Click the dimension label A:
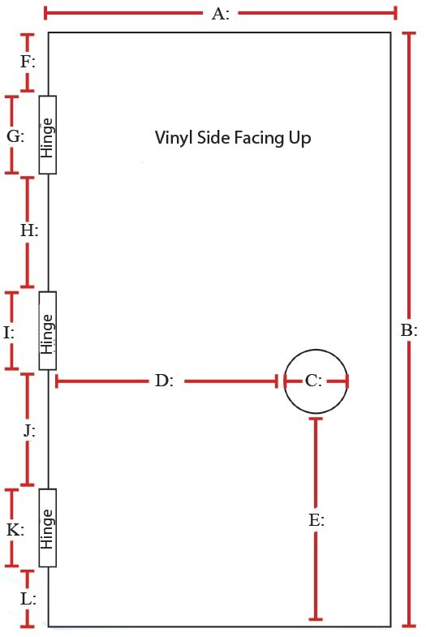click(x=221, y=14)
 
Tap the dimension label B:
click(x=409, y=330)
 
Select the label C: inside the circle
click(x=313, y=381)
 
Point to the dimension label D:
click(x=165, y=381)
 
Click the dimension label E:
click(x=316, y=520)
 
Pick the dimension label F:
click(x=28, y=62)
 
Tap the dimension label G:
click(x=15, y=136)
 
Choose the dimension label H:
click(x=29, y=230)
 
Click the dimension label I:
click(x=9, y=333)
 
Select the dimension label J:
click(x=29, y=431)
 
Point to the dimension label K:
click(x=15, y=530)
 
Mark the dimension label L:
click(x=28, y=599)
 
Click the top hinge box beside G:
click(x=48, y=135)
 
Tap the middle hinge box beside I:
click(x=48, y=331)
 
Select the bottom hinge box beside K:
click(x=48, y=527)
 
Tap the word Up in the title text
click(x=300, y=139)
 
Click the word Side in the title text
click(x=213, y=137)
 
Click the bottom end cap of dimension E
click(x=316, y=619)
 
